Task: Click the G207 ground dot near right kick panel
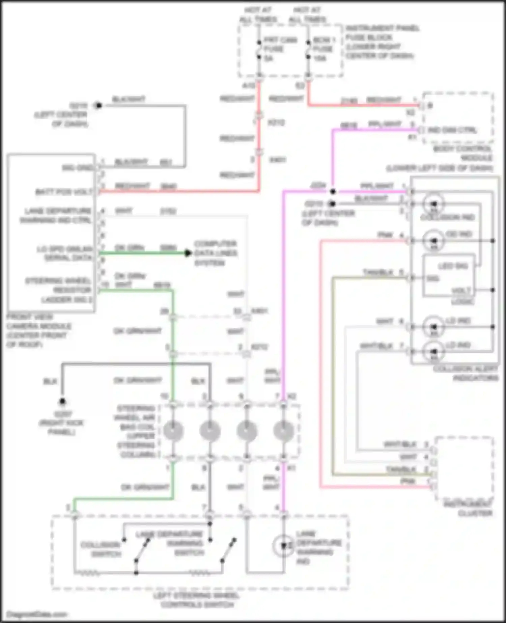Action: pyautogui.click(x=62, y=402)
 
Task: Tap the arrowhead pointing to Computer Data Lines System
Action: pyautogui.click(x=188, y=253)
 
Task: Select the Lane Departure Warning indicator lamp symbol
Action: pyautogui.click(x=283, y=545)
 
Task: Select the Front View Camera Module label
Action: pyautogui.click(x=38, y=331)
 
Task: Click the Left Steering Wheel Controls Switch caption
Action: pyautogui.click(x=197, y=600)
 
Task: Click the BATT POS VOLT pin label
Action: pyautogui.click(x=64, y=192)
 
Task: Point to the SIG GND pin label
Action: pyautogui.click(x=77, y=168)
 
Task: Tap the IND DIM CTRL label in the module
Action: pyautogui.click(x=452, y=130)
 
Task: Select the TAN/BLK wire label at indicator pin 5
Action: pyautogui.click(x=378, y=272)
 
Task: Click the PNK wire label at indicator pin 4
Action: pyautogui.click(x=385, y=235)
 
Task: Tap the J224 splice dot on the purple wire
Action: pyautogui.click(x=333, y=192)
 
